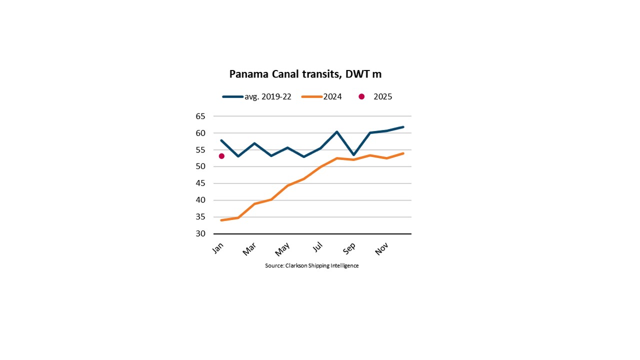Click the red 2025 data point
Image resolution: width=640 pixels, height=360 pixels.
pyautogui.click(x=221, y=156)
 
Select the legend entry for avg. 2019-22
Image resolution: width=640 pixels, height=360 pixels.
pyautogui.click(x=256, y=97)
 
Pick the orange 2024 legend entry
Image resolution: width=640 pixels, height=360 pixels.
pyautogui.click(x=321, y=97)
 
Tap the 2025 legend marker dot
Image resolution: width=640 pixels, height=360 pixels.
pyautogui.click(x=361, y=97)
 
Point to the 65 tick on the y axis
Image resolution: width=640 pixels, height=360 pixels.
pyautogui.click(x=200, y=116)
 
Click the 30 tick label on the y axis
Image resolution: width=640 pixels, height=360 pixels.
pyautogui.click(x=200, y=233)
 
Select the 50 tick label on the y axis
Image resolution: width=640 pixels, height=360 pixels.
pyautogui.click(x=200, y=166)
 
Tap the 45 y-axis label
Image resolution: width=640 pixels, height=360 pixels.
pyautogui.click(x=200, y=183)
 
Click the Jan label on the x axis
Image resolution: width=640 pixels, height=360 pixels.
pyautogui.click(x=218, y=248)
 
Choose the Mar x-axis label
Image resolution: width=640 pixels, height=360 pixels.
pyautogui.click(x=249, y=249)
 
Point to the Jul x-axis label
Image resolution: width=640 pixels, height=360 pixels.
pyautogui.click(x=317, y=247)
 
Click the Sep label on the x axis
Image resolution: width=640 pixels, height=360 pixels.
pyautogui.click(x=349, y=248)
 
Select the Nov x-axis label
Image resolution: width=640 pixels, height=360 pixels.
pyautogui.click(x=381, y=249)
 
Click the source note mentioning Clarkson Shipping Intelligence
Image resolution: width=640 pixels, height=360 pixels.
pyautogui.click(x=311, y=265)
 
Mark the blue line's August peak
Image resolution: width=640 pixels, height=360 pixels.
pyautogui.click(x=337, y=131)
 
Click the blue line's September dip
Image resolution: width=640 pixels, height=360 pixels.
pyautogui.click(x=353, y=155)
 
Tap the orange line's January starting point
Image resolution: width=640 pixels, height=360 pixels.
pyautogui.click(x=221, y=220)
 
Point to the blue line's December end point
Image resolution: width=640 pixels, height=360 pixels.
pyautogui.click(x=403, y=127)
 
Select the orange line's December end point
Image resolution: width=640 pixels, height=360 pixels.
pyautogui.click(x=403, y=153)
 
